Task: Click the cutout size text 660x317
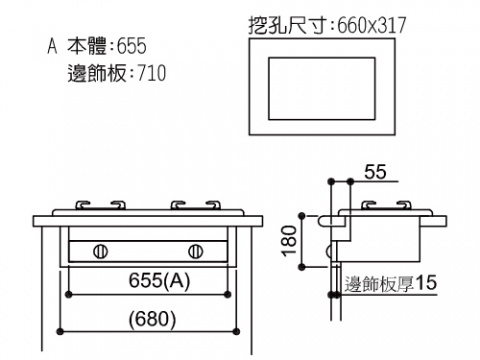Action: coord(372,25)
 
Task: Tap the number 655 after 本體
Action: coord(131,46)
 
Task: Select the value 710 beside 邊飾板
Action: coord(151,73)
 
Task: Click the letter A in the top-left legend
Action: coord(52,46)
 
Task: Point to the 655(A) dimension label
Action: coord(159,280)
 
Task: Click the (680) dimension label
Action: coord(152,319)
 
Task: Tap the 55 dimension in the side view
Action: coord(375,172)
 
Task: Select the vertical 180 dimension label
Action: coord(289,241)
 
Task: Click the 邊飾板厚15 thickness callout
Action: coord(390,284)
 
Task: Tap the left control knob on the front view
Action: coord(100,251)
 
